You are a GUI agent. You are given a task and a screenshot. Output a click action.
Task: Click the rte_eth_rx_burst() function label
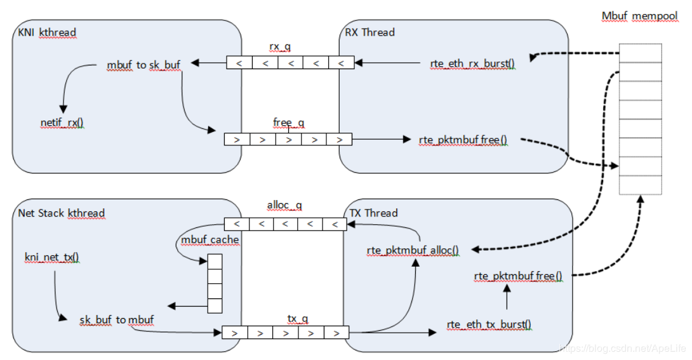pos(472,63)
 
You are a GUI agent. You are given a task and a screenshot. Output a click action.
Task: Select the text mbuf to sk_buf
pos(144,65)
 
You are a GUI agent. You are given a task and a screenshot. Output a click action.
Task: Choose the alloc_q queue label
pos(284,206)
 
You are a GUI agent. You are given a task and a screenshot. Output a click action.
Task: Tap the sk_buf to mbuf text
pos(117,319)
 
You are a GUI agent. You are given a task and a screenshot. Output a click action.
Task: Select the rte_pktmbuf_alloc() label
pos(413,250)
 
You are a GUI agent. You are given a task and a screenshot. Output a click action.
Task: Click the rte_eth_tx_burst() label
pos(489,324)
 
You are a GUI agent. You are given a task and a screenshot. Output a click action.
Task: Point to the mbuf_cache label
pos(210,239)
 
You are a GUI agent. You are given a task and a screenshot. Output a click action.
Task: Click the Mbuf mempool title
pos(639,17)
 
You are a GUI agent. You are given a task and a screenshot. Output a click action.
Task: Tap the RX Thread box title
pos(369,32)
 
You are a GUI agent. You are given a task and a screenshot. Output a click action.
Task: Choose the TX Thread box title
pos(374,213)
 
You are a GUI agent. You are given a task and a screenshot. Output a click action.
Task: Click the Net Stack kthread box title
pos(61,213)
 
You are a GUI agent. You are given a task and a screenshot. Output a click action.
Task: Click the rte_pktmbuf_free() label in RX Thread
pos(463,140)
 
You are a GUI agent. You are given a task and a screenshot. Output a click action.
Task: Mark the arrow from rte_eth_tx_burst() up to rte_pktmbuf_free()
pos(507,297)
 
